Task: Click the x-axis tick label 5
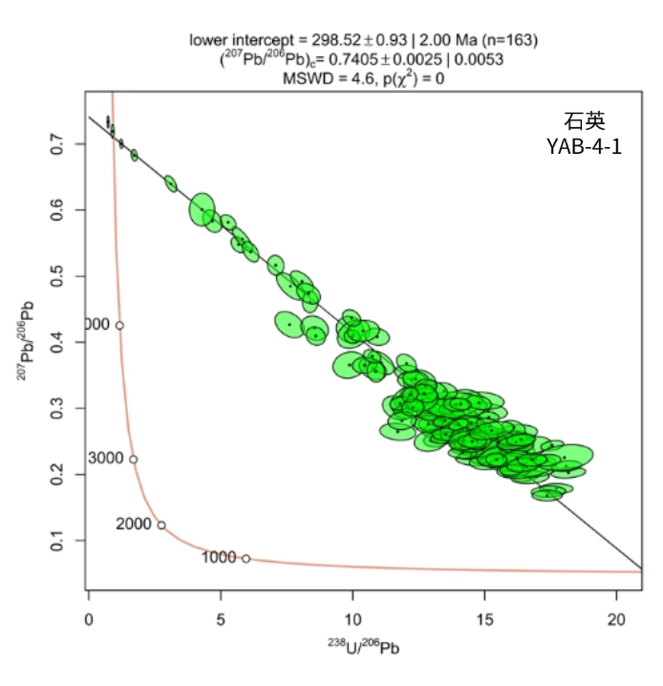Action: (x=221, y=619)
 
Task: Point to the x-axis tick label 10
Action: (x=353, y=619)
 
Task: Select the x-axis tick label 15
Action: (x=484, y=619)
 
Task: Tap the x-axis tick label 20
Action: (x=616, y=619)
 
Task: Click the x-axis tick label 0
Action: (x=89, y=619)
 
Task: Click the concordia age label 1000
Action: (x=219, y=557)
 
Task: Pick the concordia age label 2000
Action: (x=134, y=525)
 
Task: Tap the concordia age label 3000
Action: (x=106, y=459)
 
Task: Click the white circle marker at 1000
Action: (x=246, y=558)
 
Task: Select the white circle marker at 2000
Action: (x=161, y=525)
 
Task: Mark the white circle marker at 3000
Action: (x=133, y=460)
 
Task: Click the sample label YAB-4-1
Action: (x=584, y=147)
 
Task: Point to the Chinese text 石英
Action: (x=584, y=121)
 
